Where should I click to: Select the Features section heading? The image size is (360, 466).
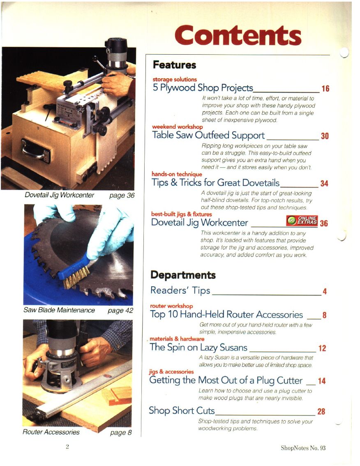[x=174, y=65]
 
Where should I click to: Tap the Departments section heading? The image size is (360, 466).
[x=183, y=275]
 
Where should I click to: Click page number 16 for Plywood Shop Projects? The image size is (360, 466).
[x=325, y=88]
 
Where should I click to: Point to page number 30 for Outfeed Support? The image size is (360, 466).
[x=325, y=136]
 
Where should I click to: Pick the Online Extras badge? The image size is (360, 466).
[x=302, y=220]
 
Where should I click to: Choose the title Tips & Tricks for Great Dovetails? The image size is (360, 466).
[x=216, y=183]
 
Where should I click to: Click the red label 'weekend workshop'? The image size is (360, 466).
[x=177, y=127]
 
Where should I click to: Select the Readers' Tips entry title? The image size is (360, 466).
[x=180, y=290]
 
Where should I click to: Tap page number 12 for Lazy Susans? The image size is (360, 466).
[x=322, y=348]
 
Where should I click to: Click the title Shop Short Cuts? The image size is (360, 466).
[x=182, y=410]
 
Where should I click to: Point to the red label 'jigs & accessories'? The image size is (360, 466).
[x=171, y=372]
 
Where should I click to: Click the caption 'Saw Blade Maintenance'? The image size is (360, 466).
[x=59, y=310]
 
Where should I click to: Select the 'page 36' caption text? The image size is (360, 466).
[x=122, y=195]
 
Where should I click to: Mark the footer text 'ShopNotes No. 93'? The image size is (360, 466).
[x=303, y=448]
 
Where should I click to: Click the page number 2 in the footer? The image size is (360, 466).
[x=67, y=446]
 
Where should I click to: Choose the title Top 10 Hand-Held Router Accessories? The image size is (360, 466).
[x=226, y=314]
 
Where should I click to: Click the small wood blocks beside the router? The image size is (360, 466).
[x=117, y=396]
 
